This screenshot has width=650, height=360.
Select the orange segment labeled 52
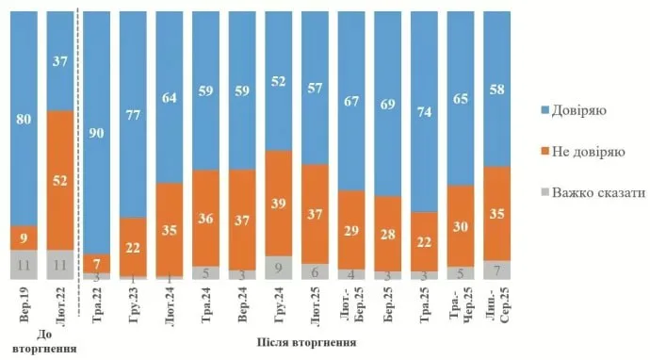point(61,180)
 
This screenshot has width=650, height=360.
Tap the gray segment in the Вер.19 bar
point(25,264)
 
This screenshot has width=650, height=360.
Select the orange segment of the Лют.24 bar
point(171,229)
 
